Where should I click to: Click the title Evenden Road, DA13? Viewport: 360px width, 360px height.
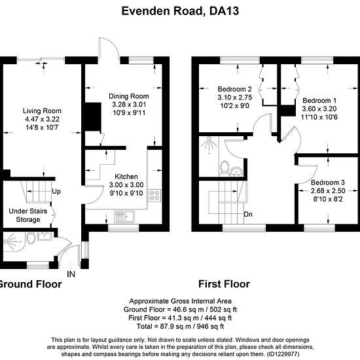(x=180, y=10)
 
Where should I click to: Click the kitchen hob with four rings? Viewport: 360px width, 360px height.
(x=154, y=196)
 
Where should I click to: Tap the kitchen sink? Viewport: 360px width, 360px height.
(x=124, y=217)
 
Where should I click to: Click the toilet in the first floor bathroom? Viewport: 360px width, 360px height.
(x=225, y=166)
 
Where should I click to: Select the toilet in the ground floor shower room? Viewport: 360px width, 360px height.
(x=31, y=238)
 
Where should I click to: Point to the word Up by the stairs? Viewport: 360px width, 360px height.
(x=56, y=191)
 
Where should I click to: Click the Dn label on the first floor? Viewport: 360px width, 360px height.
(x=248, y=214)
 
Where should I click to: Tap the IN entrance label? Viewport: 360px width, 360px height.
(x=71, y=274)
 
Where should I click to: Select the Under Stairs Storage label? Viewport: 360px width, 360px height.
(x=28, y=215)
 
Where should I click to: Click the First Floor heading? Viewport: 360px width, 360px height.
(x=224, y=284)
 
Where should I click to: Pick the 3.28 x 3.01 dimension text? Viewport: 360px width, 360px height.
(x=129, y=105)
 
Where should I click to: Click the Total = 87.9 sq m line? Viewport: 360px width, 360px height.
(x=180, y=326)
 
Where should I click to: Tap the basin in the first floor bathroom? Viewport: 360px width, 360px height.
(x=236, y=171)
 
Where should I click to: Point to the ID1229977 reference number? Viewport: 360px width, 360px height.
(x=283, y=354)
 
